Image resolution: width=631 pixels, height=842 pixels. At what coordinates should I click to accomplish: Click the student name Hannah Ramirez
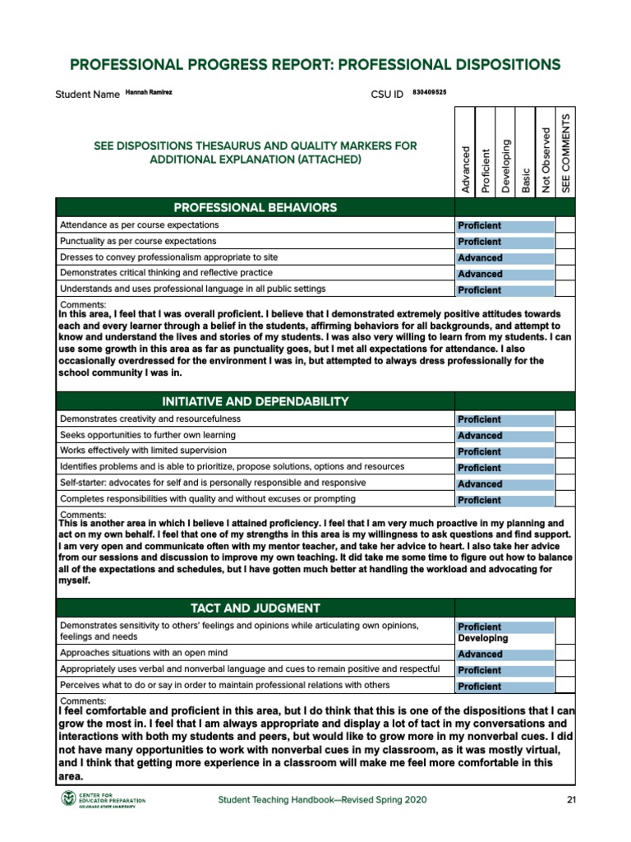pyautogui.click(x=149, y=93)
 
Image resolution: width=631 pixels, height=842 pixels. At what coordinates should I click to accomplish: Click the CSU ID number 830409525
pyautogui.click(x=429, y=93)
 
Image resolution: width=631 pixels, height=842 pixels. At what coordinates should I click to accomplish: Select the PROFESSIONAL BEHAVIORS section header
pyautogui.click(x=255, y=207)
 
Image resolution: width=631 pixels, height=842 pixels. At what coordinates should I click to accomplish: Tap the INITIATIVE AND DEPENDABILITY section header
pyautogui.click(x=255, y=401)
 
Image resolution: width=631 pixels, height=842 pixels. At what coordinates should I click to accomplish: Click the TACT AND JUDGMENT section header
pyautogui.click(x=255, y=608)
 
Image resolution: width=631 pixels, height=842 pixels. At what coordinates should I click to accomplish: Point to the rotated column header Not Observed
pyautogui.click(x=546, y=160)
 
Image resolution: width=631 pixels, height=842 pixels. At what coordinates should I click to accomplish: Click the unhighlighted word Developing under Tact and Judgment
pyautogui.click(x=482, y=638)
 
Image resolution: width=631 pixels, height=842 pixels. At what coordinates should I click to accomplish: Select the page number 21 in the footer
pyautogui.click(x=573, y=800)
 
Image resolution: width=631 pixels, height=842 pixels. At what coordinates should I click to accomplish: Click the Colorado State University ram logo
pyautogui.click(x=67, y=799)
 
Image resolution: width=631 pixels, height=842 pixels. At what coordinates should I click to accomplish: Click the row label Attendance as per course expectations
pyautogui.click(x=139, y=224)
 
